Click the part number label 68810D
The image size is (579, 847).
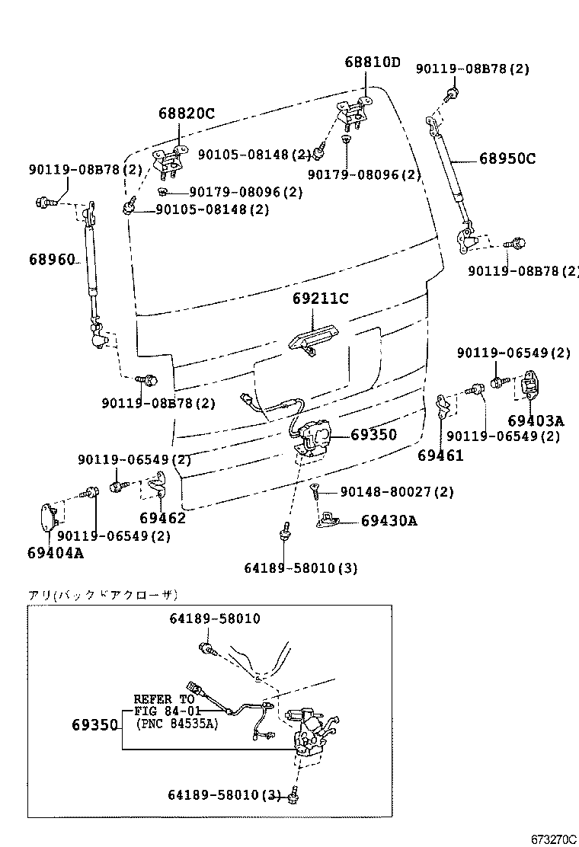[x=371, y=62]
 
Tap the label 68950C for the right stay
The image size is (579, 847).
[x=507, y=159]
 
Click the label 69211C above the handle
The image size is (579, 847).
[x=320, y=299]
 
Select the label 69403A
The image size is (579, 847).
[x=536, y=420]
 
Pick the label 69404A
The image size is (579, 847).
[x=55, y=552]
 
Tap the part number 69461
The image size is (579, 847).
[x=440, y=455]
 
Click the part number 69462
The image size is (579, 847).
[x=162, y=518]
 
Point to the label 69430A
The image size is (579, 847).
[x=389, y=521]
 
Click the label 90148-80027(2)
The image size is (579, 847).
[x=397, y=493]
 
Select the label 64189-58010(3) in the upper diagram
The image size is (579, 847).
[x=301, y=567]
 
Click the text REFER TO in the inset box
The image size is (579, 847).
[x=164, y=698]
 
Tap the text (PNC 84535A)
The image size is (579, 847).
[x=177, y=724]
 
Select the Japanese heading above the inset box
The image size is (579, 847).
[x=102, y=595]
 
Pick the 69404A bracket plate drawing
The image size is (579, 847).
[x=48, y=519]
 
